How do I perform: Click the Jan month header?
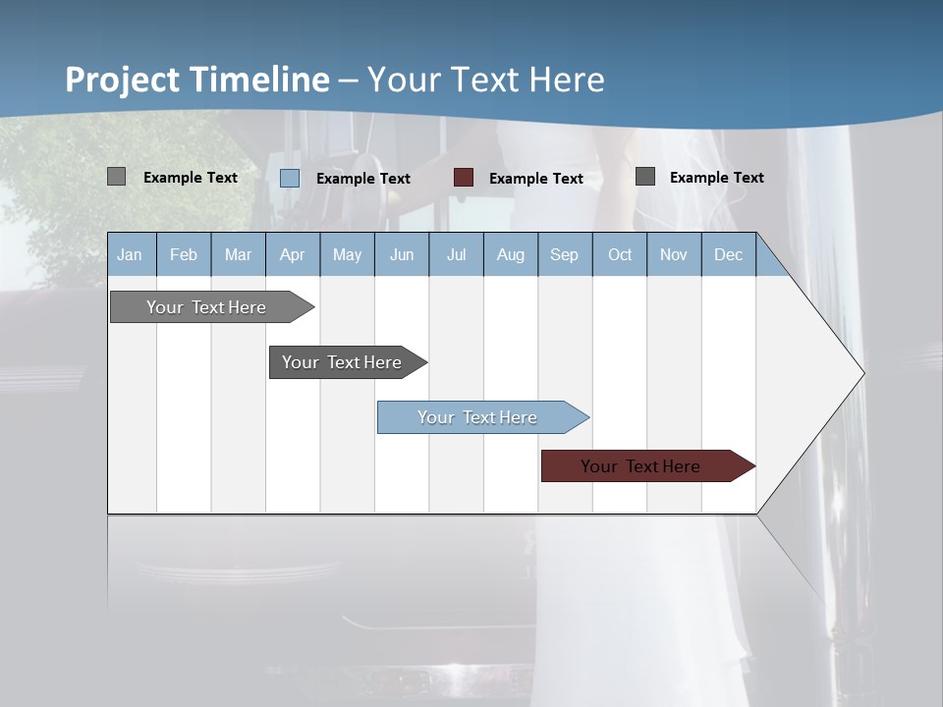click(130, 254)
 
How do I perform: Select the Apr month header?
click(292, 254)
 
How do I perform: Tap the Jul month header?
click(456, 254)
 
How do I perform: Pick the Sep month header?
click(564, 254)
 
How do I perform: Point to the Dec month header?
click(728, 254)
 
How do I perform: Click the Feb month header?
click(184, 254)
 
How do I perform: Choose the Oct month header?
click(620, 254)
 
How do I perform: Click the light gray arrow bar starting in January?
click(206, 307)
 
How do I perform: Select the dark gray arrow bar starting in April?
click(342, 362)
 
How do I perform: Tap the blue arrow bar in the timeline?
click(477, 417)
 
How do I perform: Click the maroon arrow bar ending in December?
click(640, 466)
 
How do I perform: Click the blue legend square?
click(290, 178)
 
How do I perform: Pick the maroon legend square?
click(464, 178)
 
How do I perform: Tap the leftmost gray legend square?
click(117, 177)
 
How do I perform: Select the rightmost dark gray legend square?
click(645, 177)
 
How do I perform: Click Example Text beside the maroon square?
click(535, 179)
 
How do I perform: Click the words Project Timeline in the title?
click(196, 80)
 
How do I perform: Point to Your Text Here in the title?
click(485, 80)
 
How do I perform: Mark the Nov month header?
click(674, 254)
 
